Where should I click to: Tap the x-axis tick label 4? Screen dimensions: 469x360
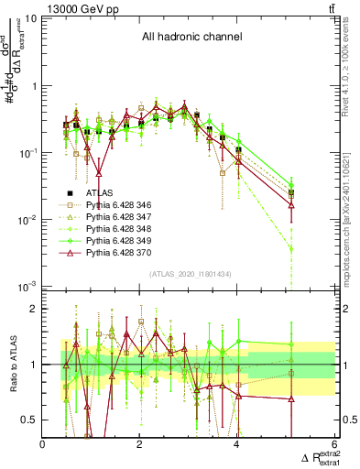coord(236,444)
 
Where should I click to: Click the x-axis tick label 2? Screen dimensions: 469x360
coord(139,444)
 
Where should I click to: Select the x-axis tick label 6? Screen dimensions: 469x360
coord(333,444)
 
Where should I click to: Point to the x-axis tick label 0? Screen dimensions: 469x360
coord(43,444)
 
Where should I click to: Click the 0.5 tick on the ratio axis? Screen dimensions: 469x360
coord(29,420)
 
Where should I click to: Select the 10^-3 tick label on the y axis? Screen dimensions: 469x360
coord(27,287)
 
